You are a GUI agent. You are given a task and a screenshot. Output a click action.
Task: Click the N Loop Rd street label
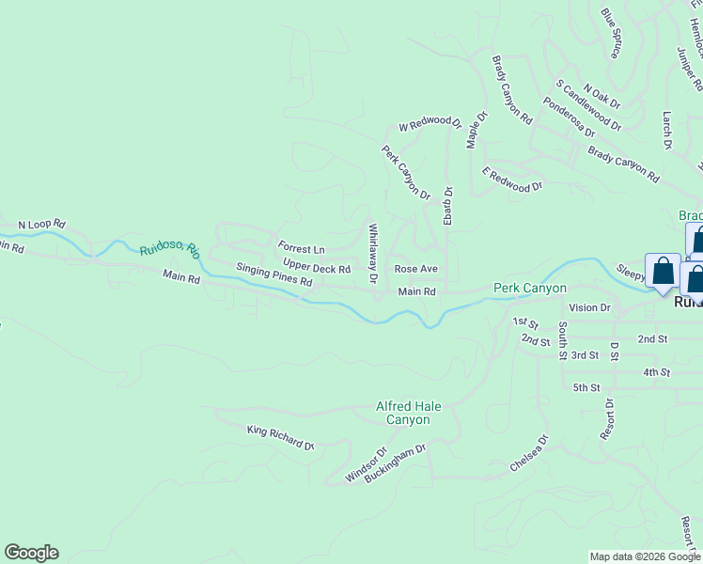click(x=41, y=225)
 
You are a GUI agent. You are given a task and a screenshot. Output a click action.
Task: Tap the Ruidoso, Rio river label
click(x=170, y=251)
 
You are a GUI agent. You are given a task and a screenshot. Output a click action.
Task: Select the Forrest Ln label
click(x=301, y=249)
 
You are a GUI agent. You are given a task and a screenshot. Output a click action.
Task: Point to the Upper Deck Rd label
click(x=317, y=268)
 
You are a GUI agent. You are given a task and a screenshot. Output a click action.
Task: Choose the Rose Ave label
click(x=415, y=269)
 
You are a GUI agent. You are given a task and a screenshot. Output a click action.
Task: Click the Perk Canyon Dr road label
click(x=405, y=173)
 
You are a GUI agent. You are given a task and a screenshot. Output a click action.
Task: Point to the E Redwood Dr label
click(x=512, y=180)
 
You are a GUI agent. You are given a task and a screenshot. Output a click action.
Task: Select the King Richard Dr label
click(x=280, y=437)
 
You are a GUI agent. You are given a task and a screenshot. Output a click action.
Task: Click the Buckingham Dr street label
click(x=397, y=462)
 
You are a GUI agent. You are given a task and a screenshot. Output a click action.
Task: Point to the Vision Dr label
click(x=589, y=307)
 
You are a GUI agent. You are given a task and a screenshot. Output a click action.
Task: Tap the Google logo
click(x=31, y=553)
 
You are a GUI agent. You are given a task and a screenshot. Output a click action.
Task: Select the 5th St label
click(x=586, y=387)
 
